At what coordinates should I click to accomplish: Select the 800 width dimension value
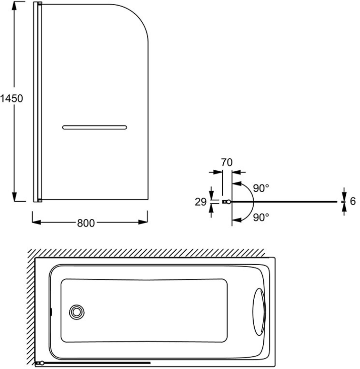click(87, 223)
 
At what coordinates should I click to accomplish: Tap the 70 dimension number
click(226, 163)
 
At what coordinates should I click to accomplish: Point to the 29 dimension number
click(201, 202)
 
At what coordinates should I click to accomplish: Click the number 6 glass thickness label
click(353, 201)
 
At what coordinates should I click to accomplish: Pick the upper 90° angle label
click(261, 188)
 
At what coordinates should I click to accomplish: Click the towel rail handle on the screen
click(94, 127)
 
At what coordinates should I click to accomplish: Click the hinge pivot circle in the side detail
click(229, 202)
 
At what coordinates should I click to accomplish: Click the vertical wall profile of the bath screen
click(37, 101)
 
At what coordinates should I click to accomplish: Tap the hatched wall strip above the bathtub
click(147, 253)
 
